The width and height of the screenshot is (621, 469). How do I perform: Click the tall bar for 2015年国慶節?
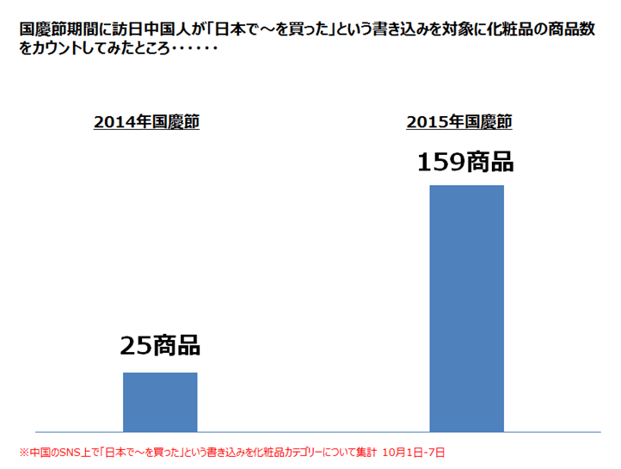466,307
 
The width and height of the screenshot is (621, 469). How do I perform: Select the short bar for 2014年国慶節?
160,401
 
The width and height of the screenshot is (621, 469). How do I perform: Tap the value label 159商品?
465,162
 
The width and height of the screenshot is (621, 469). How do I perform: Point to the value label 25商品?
160,346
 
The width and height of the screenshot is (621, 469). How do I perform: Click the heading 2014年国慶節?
146,122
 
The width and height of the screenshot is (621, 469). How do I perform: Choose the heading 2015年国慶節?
459,122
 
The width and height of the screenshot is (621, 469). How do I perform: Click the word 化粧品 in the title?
499,29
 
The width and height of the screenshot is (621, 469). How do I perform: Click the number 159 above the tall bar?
442,162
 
